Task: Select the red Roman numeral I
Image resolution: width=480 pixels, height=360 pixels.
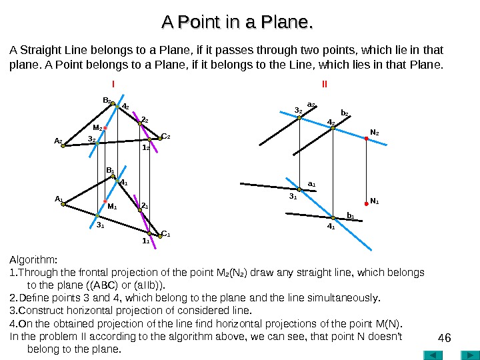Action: point(113,85)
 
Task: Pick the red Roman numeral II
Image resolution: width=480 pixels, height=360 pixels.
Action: point(324,85)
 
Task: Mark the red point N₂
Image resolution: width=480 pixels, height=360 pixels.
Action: point(365,139)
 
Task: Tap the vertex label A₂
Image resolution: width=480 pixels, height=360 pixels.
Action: point(58,141)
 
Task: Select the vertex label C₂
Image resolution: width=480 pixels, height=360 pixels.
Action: point(167,136)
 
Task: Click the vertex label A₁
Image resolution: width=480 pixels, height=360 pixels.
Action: point(58,199)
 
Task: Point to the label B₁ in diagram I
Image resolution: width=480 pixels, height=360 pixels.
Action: point(111,171)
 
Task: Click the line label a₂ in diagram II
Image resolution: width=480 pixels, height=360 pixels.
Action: point(311,105)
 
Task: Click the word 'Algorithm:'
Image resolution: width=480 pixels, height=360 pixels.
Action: point(34,259)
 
